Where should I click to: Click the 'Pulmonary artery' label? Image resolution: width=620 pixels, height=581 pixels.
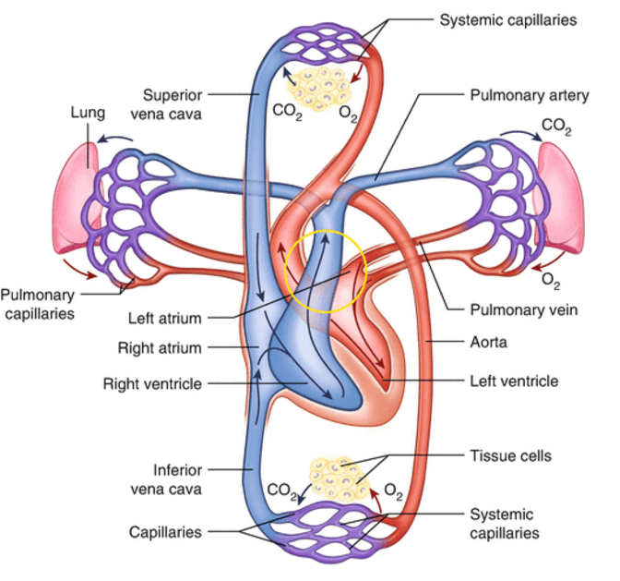[x=529, y=95]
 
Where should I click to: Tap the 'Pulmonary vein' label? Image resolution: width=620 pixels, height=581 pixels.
[x=523, y=309]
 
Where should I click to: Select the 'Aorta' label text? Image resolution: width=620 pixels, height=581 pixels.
[x=488, y=342]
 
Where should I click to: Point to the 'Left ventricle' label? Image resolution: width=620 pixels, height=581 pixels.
[x=514, y=381]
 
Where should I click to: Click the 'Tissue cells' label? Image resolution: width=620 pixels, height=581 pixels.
[x=510, y=455]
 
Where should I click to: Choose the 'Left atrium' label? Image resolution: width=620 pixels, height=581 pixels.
[x=165, y=318]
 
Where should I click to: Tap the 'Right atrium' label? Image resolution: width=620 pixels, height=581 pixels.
[x=160, y=348]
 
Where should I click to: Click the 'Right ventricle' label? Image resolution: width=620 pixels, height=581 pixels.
[x=152, y=383]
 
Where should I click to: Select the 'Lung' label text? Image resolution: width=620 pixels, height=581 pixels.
[x=88, y=114]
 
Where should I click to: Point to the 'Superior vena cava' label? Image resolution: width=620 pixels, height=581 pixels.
[x=166, y=104]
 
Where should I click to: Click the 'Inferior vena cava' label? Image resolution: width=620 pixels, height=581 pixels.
[x=166, y=479]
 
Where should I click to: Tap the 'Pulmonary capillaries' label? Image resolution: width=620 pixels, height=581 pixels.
[x=38, y=304]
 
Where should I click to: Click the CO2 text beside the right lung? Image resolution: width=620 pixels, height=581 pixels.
[x=556, y=127]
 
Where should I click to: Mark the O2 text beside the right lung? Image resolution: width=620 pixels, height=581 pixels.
[x=551, y=281]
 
